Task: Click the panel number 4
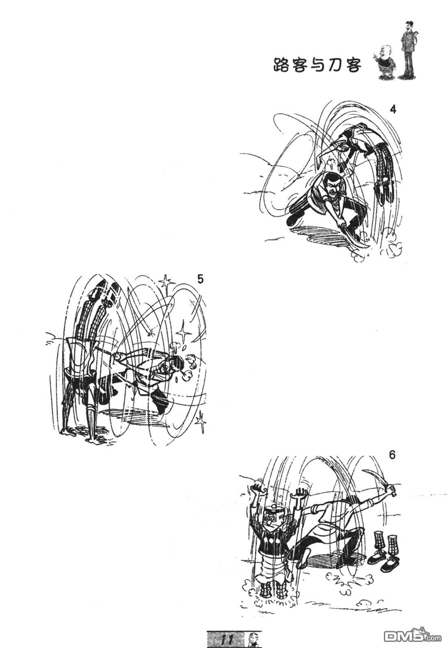pos(393,110)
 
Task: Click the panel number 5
pos(200,279)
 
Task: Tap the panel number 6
pos(392,455)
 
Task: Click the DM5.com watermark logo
pos(414,635)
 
